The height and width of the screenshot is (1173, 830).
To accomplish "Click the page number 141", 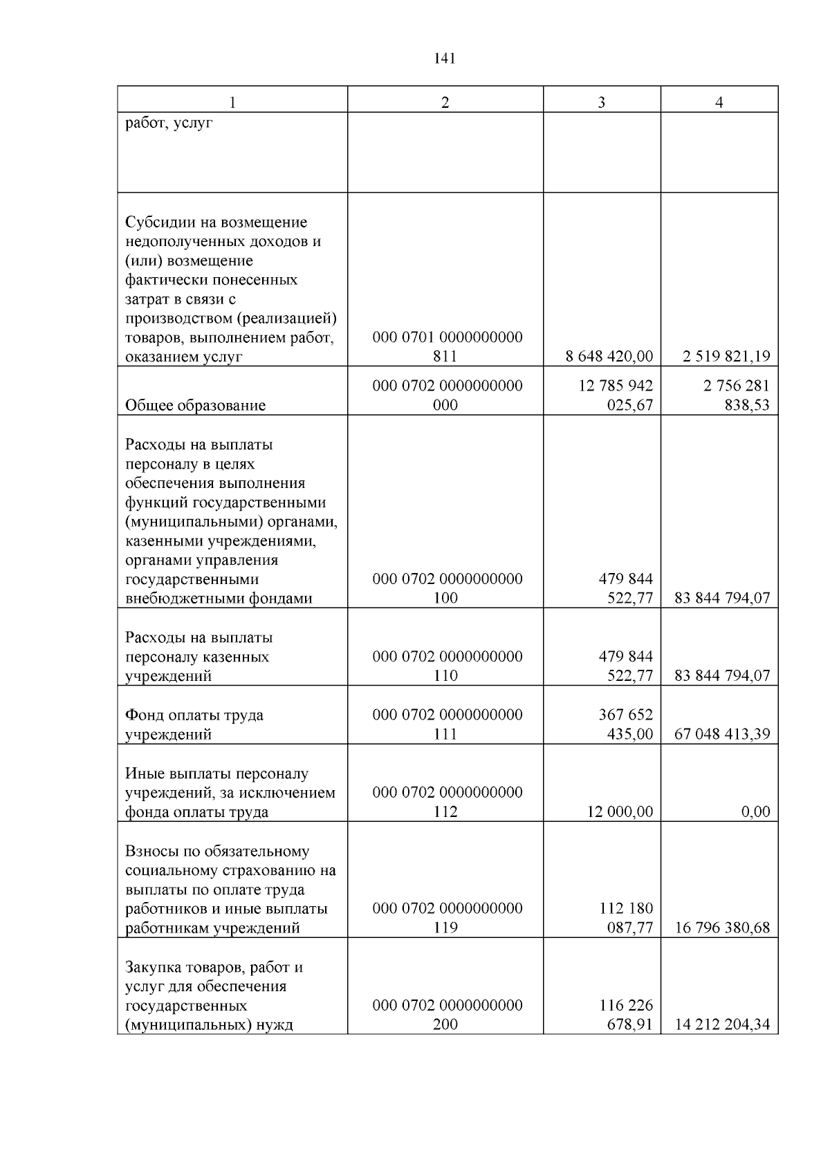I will (445, 59).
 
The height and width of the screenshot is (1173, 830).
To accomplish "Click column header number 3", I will (601, 102).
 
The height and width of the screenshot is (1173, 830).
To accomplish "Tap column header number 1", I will (232, 102).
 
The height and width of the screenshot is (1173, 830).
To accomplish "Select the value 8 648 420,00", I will (609, 357).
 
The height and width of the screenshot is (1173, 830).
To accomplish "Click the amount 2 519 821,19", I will (726, 357).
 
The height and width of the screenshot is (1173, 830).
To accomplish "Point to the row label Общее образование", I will (195, 405).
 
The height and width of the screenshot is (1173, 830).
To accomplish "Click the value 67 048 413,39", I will (722, 734).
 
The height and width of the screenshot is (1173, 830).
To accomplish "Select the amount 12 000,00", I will (620, 811).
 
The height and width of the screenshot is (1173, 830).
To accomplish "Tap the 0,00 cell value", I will (755, 811).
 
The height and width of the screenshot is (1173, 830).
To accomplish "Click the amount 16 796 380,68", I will (722, 928).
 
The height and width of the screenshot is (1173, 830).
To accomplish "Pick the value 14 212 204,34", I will (722, 1024).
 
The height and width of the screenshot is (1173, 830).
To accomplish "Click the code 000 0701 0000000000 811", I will (447, 347).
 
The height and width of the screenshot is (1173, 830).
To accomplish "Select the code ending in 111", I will (447, 724).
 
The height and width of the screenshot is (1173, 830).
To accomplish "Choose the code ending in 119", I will (447, 918).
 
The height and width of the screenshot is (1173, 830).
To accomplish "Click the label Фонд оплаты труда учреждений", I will (194, 724).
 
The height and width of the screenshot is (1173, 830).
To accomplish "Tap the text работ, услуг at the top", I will (169, 124).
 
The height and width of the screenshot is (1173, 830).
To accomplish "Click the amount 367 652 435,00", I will (625, 724).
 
